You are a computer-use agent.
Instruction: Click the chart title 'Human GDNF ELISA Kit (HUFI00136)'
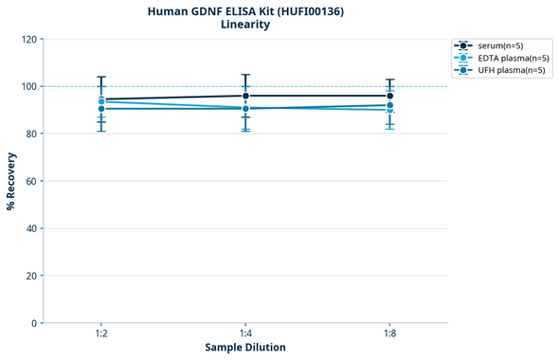click(x=245, y=11)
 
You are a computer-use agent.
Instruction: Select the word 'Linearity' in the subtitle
click(x=245, y=26)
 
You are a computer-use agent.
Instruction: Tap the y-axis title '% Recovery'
click(x=11, y=180)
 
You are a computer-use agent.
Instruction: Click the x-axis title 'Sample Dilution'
click(x=245, y=347)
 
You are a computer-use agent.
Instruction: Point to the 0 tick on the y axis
click(x=34, y=323)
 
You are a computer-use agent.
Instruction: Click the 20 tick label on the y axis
click(x=31, y=276)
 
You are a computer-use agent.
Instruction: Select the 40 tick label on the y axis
click(x=31, y=228)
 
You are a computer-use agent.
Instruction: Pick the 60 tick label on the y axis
click(x=31, y=181)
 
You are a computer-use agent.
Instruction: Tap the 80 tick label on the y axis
click(x=31, y=134)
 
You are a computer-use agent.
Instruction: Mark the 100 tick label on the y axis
click(x=28, y=86)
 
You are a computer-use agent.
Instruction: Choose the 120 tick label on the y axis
click(x=28, y=39)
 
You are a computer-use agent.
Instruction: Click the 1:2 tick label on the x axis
click(x=101, y=334)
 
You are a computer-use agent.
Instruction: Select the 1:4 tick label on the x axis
click(x=245, y=334)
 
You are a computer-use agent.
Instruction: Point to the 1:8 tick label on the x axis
click(x=389, y=334)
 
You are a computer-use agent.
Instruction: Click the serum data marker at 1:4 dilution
click(x=245, y=96)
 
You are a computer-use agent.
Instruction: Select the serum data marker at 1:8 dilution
click(x=389, y=96)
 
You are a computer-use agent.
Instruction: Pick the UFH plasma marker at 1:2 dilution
click(x=101, y=109)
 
